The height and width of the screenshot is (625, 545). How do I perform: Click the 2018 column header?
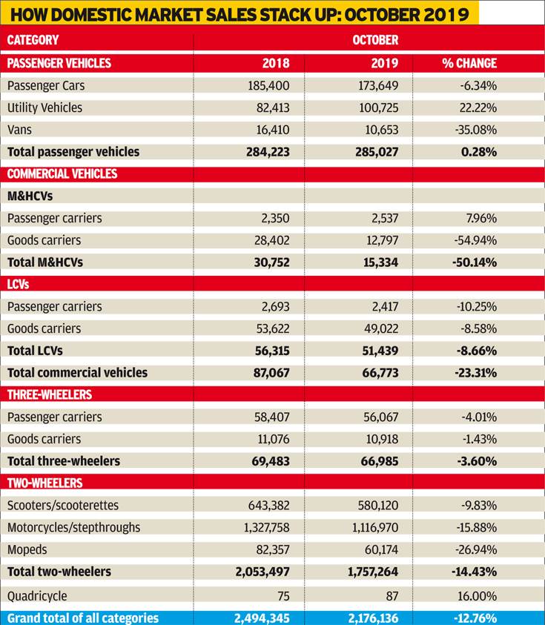click(276, 63)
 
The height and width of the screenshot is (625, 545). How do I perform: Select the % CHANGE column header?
click(469, 63)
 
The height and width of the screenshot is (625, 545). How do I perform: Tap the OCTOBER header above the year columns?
click(375, 40)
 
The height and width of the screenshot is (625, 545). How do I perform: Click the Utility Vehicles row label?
click(44, 108)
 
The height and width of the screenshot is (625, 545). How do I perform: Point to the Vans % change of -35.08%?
click(476, 130)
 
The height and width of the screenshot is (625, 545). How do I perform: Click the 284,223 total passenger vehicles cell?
click(268, 152)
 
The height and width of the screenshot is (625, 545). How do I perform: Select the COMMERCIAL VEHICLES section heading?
click(62, 173)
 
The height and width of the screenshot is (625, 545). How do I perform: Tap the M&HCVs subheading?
click(30, 196)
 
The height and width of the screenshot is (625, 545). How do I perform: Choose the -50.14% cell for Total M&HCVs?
click(475, 262)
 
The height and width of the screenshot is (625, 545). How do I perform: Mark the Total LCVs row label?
click(35, 351)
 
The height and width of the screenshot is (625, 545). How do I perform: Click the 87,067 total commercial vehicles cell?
click(271, 373)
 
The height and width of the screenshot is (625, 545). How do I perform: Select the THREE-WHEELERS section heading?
click(50, 394)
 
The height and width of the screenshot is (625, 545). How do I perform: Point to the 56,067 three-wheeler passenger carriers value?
click(380, 417)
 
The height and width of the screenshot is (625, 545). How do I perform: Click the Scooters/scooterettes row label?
click(63, 506)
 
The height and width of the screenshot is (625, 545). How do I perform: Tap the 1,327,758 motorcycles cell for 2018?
click(267, 527)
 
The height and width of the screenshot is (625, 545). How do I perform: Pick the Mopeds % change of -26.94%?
click(476, 549)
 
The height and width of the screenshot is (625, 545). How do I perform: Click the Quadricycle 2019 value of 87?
click(392, 596)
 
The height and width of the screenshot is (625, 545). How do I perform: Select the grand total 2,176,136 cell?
click(373, 618)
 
